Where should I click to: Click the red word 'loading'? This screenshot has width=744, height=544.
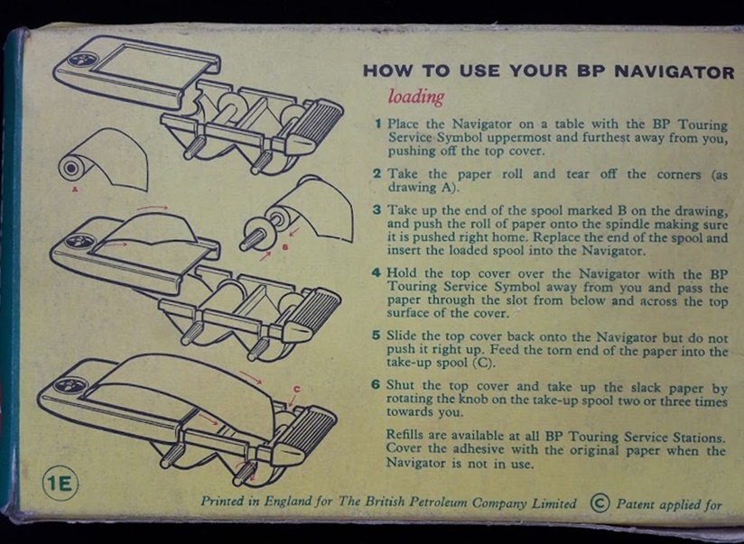coord(416,97)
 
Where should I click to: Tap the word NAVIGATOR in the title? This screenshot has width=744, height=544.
coord(674,71)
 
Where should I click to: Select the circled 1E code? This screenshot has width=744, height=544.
coord(60,484)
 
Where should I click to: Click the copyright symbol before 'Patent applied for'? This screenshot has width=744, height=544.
coord(600,503)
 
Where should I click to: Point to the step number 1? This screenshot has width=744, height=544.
coord(378,124)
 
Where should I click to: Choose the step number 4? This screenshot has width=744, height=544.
coord(377,272)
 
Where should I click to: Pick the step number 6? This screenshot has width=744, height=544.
coord(376,383)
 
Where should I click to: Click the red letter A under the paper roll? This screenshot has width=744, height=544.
coord(75,190)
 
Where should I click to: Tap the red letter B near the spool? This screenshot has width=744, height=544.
coord(285,246)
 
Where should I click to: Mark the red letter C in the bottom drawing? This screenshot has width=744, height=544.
coord(296,390)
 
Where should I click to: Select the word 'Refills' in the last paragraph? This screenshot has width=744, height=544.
coord(405,435)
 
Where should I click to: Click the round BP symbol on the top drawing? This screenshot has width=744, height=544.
coord(83,60)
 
